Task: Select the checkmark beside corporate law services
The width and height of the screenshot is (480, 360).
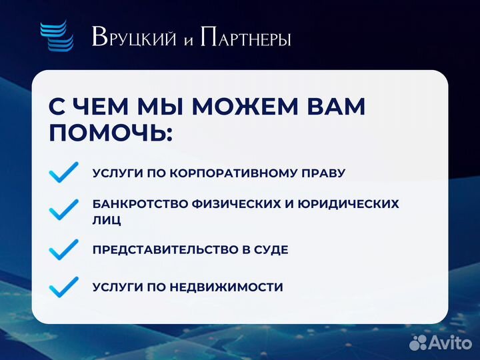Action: [64, 173]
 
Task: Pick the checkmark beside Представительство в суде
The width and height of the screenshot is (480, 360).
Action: [64, 250]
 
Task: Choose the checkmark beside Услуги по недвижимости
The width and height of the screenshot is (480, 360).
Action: [64, 287]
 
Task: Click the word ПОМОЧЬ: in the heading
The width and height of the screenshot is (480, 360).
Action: [111, 133]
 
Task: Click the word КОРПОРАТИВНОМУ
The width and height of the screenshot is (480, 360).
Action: [237, 173]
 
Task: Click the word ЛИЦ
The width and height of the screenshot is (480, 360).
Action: [107, 219]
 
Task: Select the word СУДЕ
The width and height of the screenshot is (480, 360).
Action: [271, 250]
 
